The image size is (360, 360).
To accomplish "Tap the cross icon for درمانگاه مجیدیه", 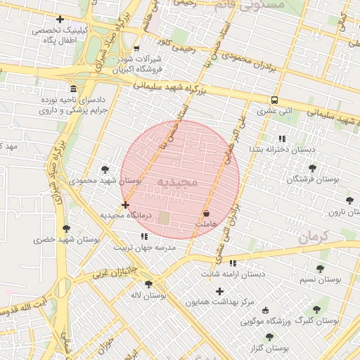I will (x=125, y=205).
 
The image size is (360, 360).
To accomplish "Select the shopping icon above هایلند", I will (x=206, y=212).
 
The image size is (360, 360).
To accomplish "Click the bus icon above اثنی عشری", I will (x=274, y=100).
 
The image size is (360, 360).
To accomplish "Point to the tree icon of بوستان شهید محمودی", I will (x=105, y=169).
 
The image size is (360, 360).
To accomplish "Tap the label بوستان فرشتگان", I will (x=312, y=179).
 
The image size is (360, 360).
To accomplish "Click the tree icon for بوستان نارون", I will (x=349, y=200).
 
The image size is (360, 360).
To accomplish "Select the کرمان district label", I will (x=314, y=237).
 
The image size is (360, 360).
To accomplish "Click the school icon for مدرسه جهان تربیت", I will (x=143, y=237).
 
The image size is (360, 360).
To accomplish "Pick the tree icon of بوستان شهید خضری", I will (x=67, y=229).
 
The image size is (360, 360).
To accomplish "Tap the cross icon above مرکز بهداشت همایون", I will (x=220, y=291).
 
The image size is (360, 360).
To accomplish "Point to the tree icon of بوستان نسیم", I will (x=320, y=269).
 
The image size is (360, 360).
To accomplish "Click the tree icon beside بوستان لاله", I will (x=169, y=284).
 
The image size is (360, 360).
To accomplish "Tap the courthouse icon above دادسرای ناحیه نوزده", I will (x=74, y=89).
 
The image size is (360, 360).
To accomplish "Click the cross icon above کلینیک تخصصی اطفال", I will (x=60, y=20).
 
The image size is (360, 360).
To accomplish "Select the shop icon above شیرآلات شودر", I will (x=136, y=49).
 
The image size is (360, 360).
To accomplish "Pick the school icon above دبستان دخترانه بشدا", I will (x=282, y=139).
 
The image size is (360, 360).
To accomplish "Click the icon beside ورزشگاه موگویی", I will (x=265, y=310).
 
